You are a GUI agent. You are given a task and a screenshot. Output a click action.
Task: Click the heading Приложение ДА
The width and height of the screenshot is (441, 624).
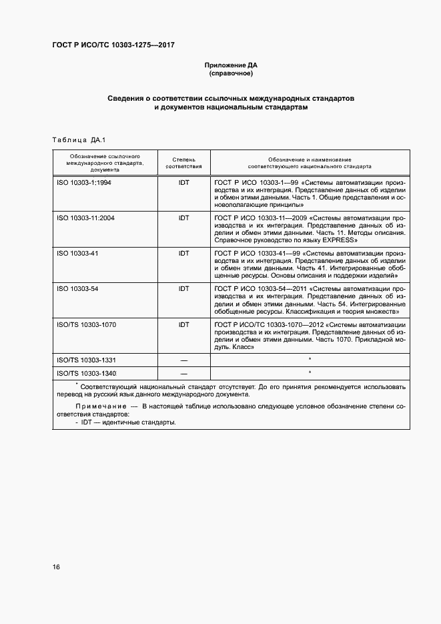230,65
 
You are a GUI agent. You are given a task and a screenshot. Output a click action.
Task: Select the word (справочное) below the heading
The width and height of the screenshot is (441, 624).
230,73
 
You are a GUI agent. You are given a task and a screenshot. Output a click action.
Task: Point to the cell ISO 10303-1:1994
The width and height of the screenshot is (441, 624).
84,182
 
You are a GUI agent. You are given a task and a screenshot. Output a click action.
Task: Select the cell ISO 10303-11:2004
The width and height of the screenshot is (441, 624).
86,218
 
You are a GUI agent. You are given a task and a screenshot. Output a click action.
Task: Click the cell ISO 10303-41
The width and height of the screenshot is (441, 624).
77,254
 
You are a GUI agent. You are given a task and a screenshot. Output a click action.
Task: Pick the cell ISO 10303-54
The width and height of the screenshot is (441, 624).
77,289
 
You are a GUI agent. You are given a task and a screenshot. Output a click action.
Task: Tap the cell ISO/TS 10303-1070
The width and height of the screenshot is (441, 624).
87,325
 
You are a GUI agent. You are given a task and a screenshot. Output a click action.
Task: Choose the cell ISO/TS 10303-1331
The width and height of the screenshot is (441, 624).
87,360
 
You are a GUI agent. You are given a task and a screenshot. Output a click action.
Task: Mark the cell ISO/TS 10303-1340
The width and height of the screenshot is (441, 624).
87,373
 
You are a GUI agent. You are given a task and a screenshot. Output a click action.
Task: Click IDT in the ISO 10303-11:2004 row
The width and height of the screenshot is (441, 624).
183,218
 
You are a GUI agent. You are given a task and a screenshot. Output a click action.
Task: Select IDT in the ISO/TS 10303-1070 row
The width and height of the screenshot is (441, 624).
183,325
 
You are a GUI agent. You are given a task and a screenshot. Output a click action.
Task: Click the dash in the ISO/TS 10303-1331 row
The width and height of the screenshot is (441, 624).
183,360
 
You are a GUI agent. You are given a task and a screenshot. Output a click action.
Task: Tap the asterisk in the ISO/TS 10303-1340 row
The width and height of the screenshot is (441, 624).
310,372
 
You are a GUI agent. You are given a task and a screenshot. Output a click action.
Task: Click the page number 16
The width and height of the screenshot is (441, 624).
57,567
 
